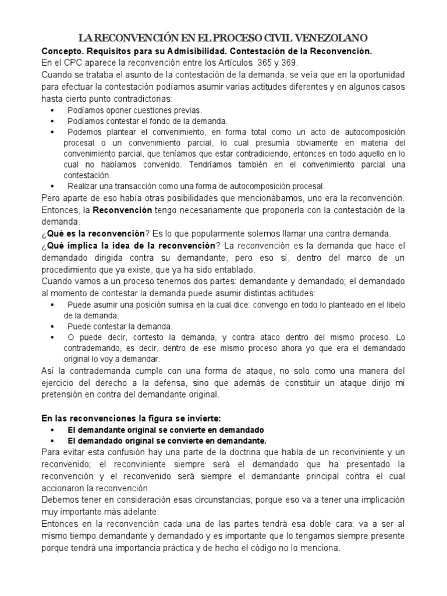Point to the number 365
pos(270,63)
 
